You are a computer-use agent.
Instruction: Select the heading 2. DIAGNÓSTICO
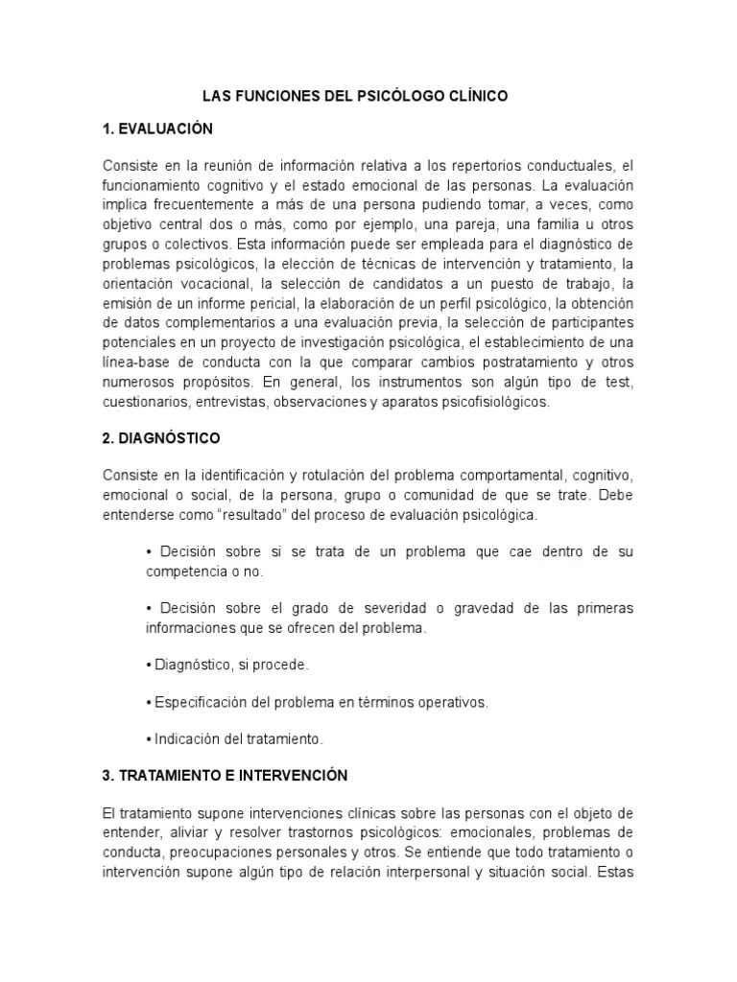pyautogui.click(x=160, y=438)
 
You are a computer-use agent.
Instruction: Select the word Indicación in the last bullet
pyautogui.click(x=186, y=739)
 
